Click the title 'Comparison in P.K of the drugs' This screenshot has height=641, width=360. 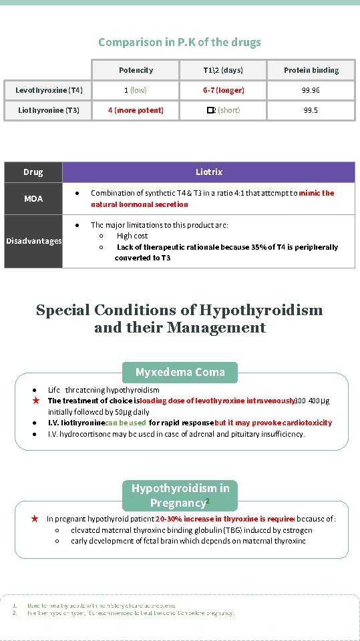click(x=180, y=42)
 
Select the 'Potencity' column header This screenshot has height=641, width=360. click(x=136, y=70)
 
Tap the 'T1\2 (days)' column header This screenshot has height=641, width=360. click(x=223, y=70)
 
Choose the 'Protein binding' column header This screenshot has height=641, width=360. click(x=311, y=70)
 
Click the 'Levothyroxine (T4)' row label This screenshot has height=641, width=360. click(x=49, y=90)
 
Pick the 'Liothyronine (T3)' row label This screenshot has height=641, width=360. click(x=49, y=110)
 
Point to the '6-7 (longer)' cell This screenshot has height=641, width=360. click(x=223, y=90)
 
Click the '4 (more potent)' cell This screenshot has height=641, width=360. click(x=136, y=110)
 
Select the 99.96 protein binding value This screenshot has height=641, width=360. click(x=311, y=90)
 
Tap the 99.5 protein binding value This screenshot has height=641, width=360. click(x=311, y=110)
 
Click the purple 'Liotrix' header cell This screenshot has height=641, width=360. click(x=208, y=172)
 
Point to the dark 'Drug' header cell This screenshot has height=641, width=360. click(x=33, y=172)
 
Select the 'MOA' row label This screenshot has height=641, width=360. click(x=33, y=199)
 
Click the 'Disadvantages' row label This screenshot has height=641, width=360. click(x=33, y=241)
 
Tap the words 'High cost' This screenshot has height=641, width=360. click(x=132, y=236)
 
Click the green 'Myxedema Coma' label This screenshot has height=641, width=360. click(x=180, y=372)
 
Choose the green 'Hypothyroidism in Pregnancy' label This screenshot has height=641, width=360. click(x=180, y=496)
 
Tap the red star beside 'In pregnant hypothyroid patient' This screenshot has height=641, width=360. click(x=35, y=518)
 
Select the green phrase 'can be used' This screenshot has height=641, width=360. click(x=126, y=423)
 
